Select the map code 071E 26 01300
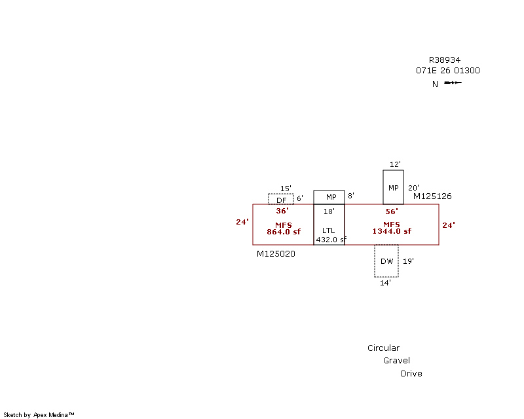click(x=447, y=70)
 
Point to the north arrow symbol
click(x=453, y=82)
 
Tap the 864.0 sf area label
click(x=283, y=232)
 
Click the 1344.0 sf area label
click(x=392, y=231)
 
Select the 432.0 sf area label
click(x=331, y=240)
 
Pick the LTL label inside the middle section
click(x=328, y=230)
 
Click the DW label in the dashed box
click(x=387, y=261)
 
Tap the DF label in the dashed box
click(x=282, y=200)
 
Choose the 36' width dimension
click(x=282, y=211)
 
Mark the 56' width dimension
click(x=392, y=211)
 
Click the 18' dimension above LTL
click(x=329, y=211)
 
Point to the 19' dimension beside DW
click(x=408, y=261)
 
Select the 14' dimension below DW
click(x=385, y=283)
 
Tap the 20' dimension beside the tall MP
click(x=413, y=187)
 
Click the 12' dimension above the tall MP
click(x=394, y=164)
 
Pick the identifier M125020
click(x=276, y=253)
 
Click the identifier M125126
click(x=432, y=196)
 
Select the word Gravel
click(x=397, y=361)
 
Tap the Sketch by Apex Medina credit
click(x=39, y=414)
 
